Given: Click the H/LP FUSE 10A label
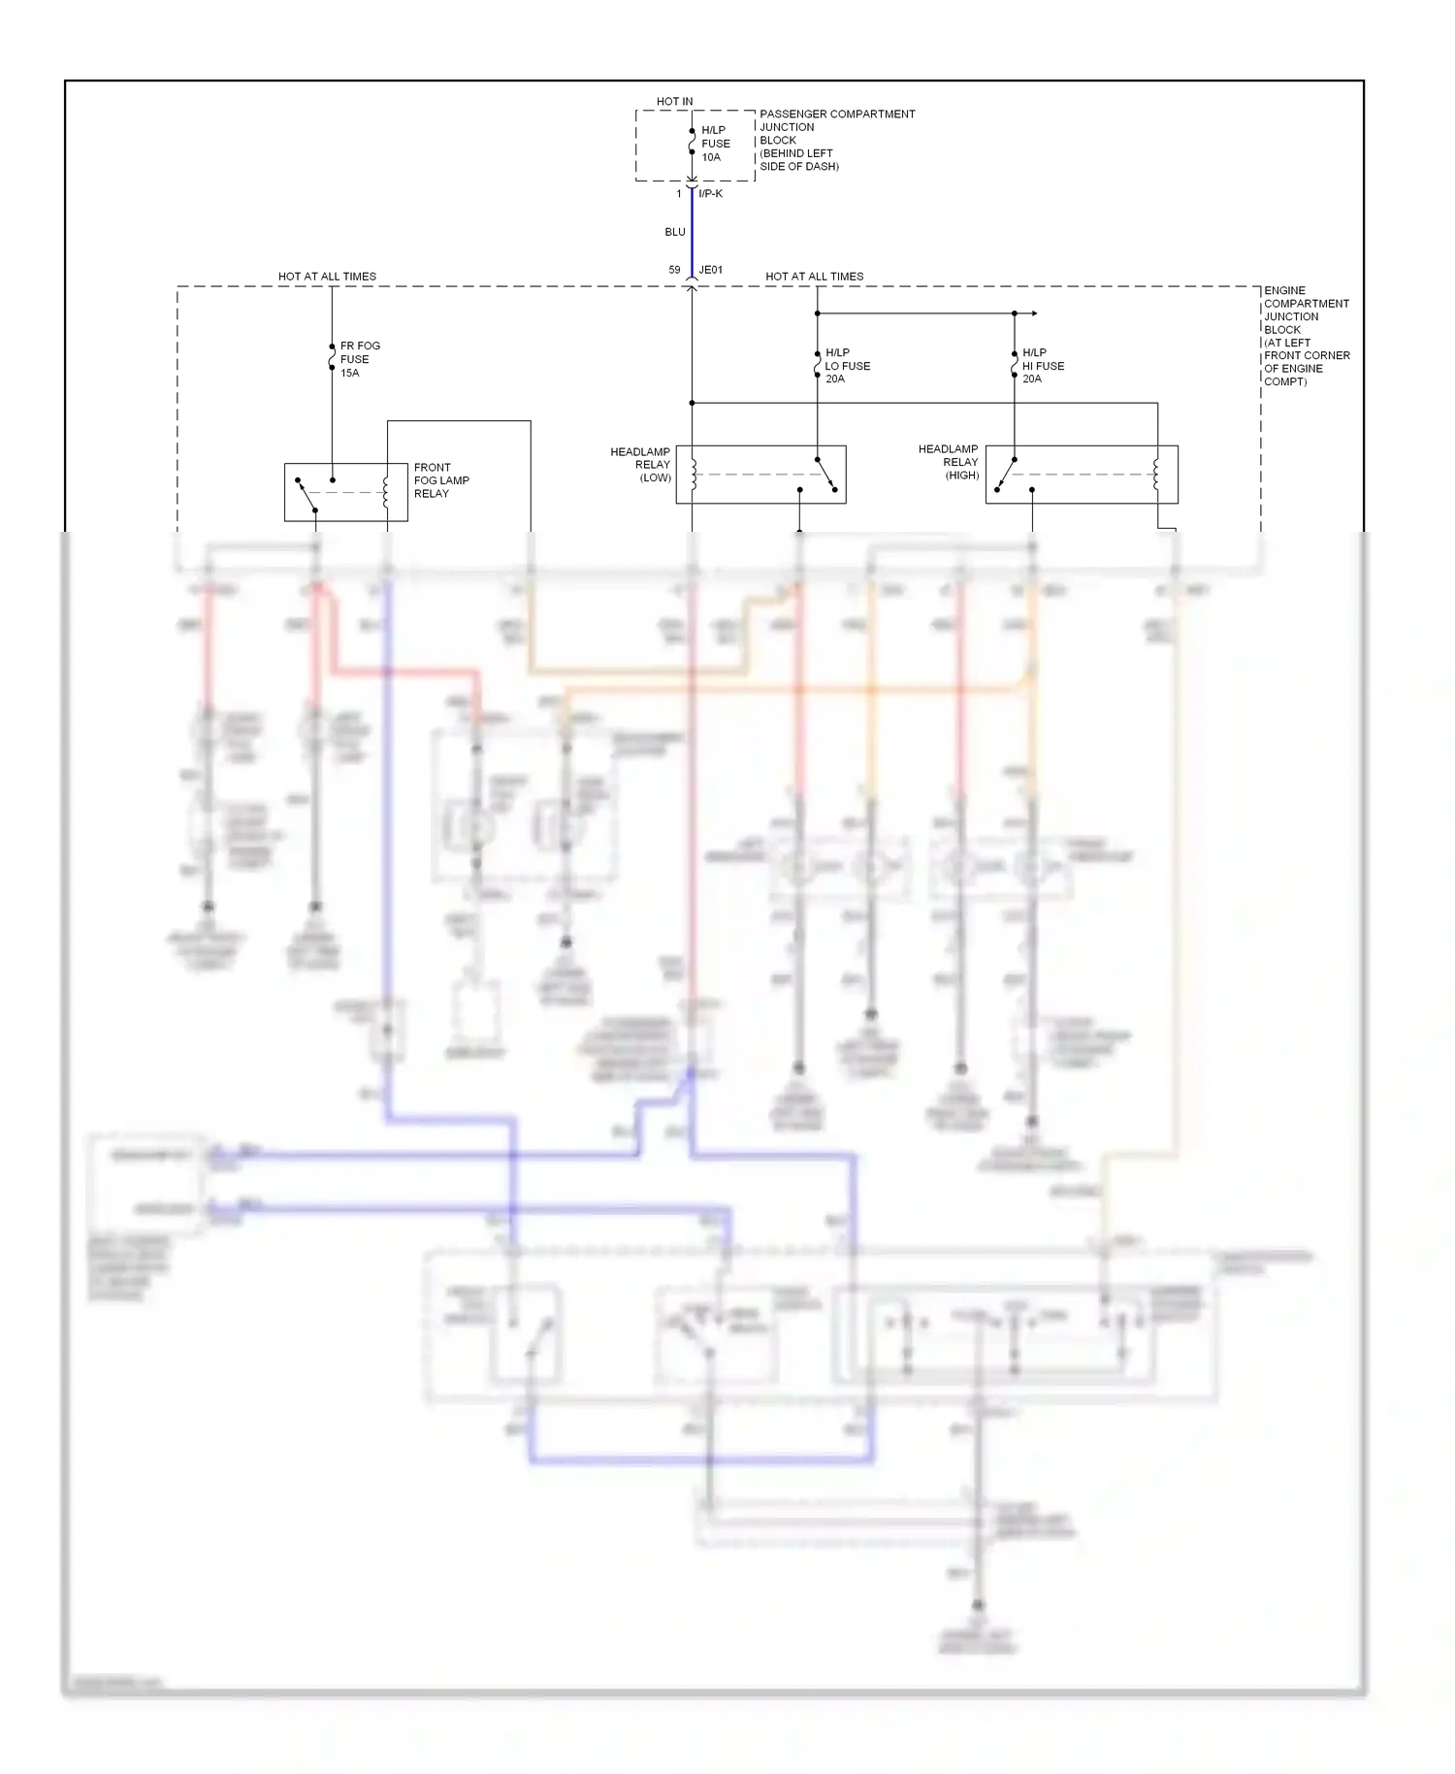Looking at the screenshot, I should pos(716,144).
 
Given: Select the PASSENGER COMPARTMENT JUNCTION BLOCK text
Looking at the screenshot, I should pos(836,140).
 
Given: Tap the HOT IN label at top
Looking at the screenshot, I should pos(674,101).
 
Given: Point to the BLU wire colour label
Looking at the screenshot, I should pos(675,232).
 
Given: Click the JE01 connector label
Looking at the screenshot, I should pos(711,270).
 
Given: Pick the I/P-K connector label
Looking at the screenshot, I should pos(710,194).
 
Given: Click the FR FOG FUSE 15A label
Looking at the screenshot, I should pos(359,359).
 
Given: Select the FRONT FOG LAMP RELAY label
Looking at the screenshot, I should pos(441,480).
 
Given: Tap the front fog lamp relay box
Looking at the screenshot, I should pos(345,492).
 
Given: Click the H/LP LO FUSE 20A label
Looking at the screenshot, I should pos(848,366).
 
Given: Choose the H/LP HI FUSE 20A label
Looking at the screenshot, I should pos(1043,366).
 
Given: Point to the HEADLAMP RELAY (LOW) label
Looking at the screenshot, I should pos(640,465).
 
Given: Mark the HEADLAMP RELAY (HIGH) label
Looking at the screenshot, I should pos(949,462).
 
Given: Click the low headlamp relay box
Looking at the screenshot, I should pos(760,475).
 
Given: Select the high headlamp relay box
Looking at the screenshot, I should pos(1082,475).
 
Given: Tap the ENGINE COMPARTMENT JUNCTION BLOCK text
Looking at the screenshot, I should pos(1306,336).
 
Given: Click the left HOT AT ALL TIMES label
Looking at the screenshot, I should pos(327,277).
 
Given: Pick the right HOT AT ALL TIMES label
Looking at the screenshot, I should pos(814,277).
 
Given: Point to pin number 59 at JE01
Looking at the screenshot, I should pos(674,270).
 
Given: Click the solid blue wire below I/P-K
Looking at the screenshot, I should pos(692,233).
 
